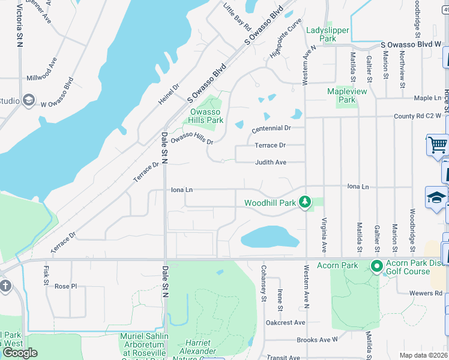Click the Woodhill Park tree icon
pyautogui.click(x=305, y=202)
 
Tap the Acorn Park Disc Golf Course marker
pyautogui.click(x=377, y=265)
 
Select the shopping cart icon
pyautogui.click(x=438, y=145)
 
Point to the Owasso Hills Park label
pyautogui.click(x=206, y=116)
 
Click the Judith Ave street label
pyautogui.click(x=271, y=162)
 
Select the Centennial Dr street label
pyautogui.click(x=271, y=128)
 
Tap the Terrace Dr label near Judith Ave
pyautogui.click(x=270, y=145)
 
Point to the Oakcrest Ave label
pyautogui.click(x=286, y=322)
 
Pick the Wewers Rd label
pyautogui.click(x=427, y=293)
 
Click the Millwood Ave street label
pyautogui.click(x=41, y=78)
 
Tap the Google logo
pyautogui.click(x=20, y=352)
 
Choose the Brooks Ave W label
pyautogui.click(x=318, y=340)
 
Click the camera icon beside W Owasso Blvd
pyautogui.click(x=28, y=100)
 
